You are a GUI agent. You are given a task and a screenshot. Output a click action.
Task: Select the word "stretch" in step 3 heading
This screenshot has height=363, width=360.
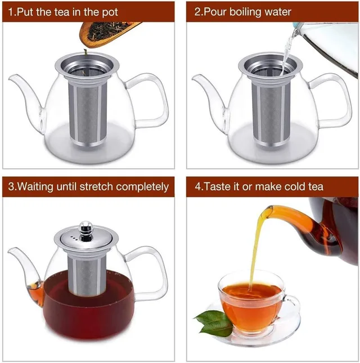96,187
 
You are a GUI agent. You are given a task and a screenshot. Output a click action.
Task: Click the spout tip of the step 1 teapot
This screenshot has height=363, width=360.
11,78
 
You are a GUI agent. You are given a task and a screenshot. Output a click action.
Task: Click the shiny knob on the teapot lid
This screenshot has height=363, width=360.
86,230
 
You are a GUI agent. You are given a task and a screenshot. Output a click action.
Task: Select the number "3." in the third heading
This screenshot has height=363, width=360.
12,187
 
